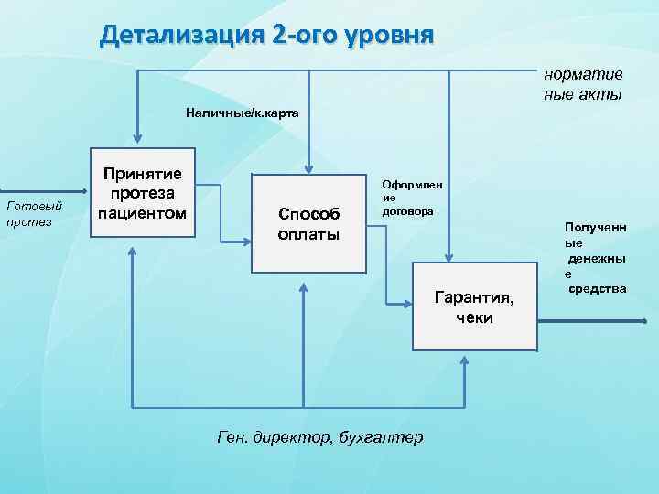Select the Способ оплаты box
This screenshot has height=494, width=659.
[308, 223]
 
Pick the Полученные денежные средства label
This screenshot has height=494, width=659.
[594, 256]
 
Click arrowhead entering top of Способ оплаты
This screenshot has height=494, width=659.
[308, 169]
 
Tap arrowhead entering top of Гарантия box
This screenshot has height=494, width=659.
[448, 259]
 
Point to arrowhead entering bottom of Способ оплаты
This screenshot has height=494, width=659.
[303, 282]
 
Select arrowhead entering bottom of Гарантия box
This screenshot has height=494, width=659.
[464, 360]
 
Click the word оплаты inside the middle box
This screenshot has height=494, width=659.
[308, 234]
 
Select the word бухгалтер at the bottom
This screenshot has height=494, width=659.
[381, 437]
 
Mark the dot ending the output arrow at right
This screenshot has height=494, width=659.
[644, 321]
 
